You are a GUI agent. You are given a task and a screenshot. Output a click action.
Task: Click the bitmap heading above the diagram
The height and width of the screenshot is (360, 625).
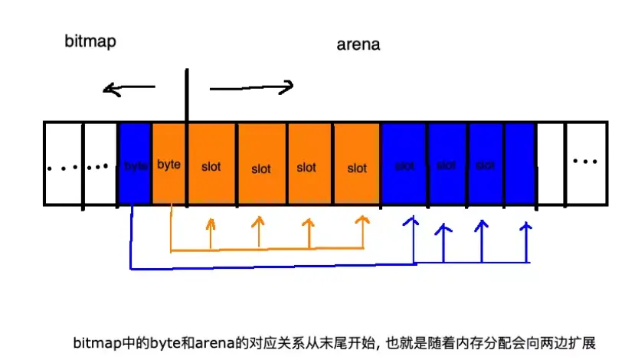[x=90, y=41]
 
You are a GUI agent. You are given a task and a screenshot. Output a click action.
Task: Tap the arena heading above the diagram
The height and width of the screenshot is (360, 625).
[x=358, y=44]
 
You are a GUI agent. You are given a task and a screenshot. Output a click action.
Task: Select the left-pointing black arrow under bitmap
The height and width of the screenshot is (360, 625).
[x=129, y=90]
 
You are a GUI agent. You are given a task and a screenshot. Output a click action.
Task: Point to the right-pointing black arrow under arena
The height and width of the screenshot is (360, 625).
[x=252, y=87]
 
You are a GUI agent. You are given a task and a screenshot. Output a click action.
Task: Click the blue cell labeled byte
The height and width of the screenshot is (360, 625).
[x=135, y=163]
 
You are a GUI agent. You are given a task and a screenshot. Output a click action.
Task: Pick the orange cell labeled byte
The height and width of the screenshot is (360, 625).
[x=169, y=163]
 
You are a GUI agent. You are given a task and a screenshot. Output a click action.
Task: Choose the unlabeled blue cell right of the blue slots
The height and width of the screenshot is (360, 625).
[x=520, y=163]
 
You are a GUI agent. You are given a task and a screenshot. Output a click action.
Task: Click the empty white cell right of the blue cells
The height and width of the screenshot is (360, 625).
[x=551, y=163]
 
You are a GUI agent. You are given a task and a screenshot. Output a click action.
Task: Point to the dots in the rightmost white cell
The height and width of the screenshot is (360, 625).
[x=585, y=162]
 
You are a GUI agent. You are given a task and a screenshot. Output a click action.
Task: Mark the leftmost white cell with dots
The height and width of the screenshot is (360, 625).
[x=62, y=166]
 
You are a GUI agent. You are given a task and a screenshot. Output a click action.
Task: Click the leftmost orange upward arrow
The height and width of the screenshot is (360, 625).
[x=211, y=233]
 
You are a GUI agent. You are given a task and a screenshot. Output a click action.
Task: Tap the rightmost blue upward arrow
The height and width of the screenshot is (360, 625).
[x=526, y=240]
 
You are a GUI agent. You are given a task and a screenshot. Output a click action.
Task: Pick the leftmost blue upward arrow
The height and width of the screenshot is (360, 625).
[x=414, y=237]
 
